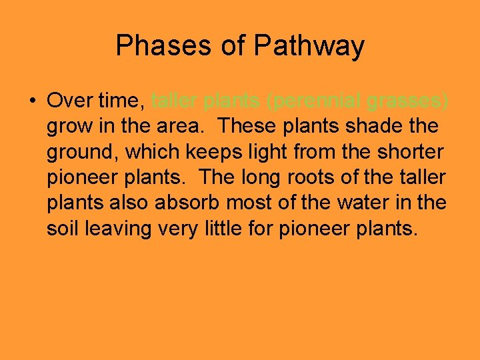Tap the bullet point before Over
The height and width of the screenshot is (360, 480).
coord(32,101)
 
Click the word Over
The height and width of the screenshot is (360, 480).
coord(69,101)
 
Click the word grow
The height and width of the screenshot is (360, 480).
coord(68,127)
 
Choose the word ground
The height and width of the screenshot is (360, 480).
coord(81,152)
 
